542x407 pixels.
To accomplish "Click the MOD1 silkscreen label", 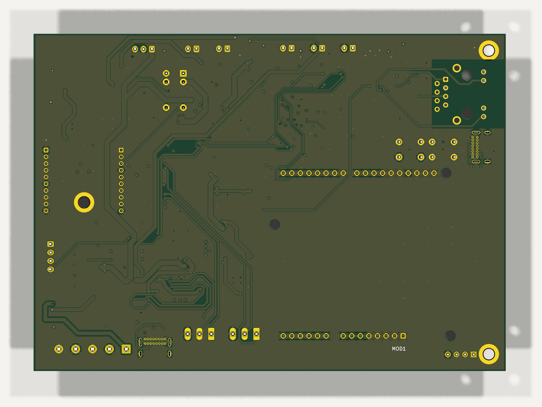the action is pyautogui.click(x=399, y=349).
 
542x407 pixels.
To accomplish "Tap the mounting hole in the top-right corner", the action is pyautogui.click(x=488, y=51).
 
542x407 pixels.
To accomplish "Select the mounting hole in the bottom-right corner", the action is pyautogui.click(x=488, y=354).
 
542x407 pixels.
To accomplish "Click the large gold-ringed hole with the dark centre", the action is pyautogui.click(x=84, y=202).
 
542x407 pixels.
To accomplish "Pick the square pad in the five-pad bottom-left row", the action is pyautogui.click(x=126, y=349).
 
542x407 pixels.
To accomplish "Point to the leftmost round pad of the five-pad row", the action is pyautogui.click(x=59, y=349).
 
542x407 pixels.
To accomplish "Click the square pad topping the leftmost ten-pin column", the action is pyautogui.click(x=46, y=150).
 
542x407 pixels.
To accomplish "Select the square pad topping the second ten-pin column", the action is pyautogui.click(x=121, y=150).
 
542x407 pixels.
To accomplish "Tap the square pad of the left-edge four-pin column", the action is pyautogui.click(x=51, y=244).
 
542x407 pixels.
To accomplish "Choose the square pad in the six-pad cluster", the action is pyautogui.click(x=183, y=73).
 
